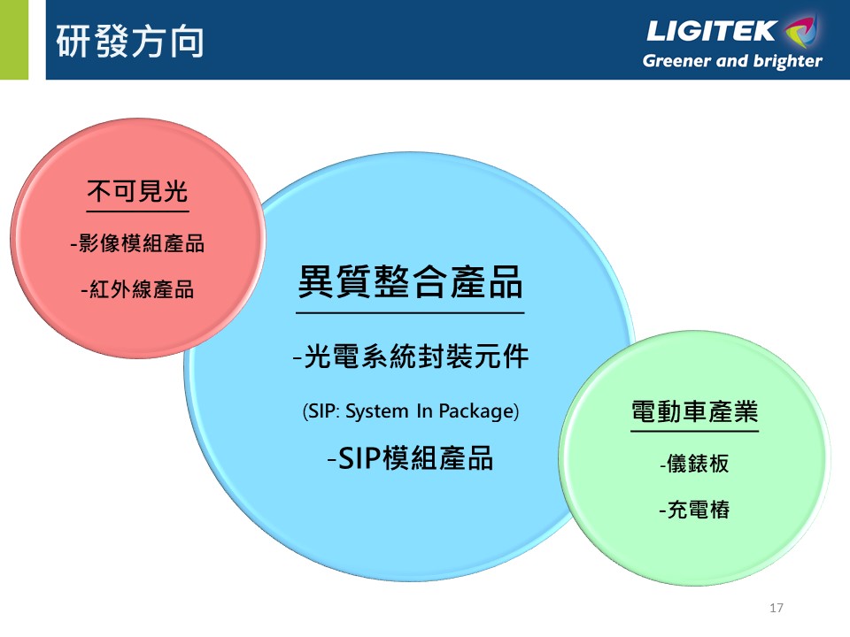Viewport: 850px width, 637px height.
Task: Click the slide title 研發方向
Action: coord(130,42)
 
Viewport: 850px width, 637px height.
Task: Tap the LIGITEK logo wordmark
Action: coord(711,31)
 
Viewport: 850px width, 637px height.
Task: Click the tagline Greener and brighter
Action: coord(732,61)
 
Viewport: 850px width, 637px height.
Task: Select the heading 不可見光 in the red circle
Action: coord(138,191)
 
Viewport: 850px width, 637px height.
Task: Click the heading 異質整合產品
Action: coord(410,282)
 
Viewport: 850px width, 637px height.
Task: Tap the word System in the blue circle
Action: coord(377,411)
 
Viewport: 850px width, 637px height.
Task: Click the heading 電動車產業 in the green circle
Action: coord(694,411)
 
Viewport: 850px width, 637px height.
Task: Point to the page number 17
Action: coord(777,608)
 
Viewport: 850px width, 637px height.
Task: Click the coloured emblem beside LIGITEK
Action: coord(800,31)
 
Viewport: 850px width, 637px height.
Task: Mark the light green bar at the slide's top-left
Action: coord(14,40)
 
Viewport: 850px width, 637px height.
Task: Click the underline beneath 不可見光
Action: coord(138,211)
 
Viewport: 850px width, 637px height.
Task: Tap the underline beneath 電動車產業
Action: coord(694,431)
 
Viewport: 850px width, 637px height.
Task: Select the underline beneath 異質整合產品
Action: coord(410,312)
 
